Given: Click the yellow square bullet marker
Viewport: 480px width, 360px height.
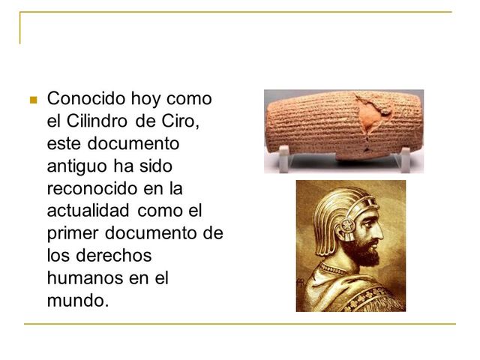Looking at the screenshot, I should pos(31,99).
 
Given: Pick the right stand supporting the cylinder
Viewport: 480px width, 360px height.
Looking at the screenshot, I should pos(405,157).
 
